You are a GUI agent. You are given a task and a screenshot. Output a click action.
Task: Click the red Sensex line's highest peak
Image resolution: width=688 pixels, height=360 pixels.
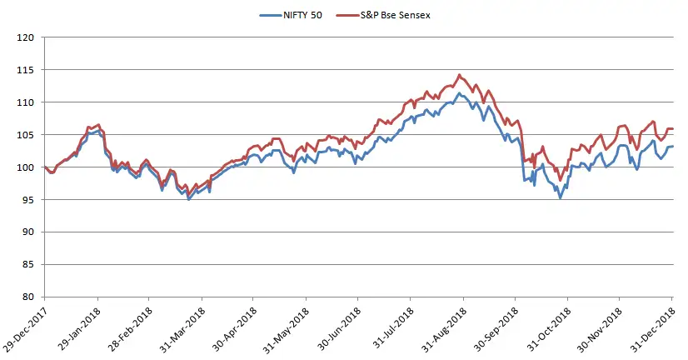coord(460,75)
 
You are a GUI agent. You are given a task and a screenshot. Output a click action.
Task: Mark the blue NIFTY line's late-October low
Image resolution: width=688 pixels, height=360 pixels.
coord(560,198)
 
